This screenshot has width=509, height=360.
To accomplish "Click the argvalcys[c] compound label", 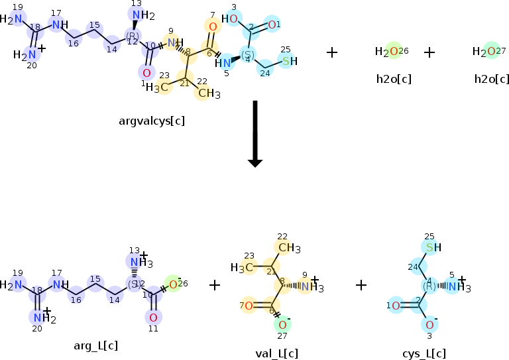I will coord(152,121).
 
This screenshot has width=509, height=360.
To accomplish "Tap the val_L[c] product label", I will coord(277,353).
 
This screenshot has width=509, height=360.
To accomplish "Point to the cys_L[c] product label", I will coord(425,353).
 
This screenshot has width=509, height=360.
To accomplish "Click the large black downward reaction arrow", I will coord(254,133).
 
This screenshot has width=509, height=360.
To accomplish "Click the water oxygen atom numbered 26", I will coord(394,52).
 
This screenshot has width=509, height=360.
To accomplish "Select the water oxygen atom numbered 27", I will coord(490,52).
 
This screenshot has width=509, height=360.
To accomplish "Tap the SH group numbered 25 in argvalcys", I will coord(289,62).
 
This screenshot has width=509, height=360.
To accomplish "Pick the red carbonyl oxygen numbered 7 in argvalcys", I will coord(212,27).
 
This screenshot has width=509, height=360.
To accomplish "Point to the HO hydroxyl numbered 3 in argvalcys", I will coord(229,19).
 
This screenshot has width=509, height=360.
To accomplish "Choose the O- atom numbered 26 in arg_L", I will coord(173,284).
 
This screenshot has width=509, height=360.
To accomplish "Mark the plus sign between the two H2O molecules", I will coord(429,52).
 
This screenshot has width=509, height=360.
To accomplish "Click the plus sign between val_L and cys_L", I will coord(361,285).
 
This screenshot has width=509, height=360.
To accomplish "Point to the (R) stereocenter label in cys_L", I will coord(428,286).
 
